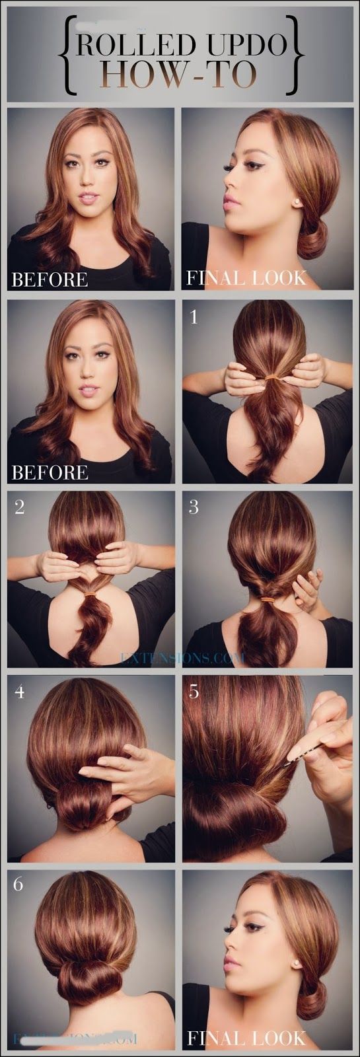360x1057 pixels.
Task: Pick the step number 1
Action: [x=194, y=318]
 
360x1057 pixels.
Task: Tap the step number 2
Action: [x=19, y=508]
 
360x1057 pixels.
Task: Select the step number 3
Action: [x=194, y=507]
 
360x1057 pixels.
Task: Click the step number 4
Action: [x=19, y=692]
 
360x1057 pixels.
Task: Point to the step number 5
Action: [x=194, y=692]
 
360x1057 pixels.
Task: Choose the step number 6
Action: [x=18, y=883]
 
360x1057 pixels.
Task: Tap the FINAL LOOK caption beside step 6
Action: [x=246, y=1037]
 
